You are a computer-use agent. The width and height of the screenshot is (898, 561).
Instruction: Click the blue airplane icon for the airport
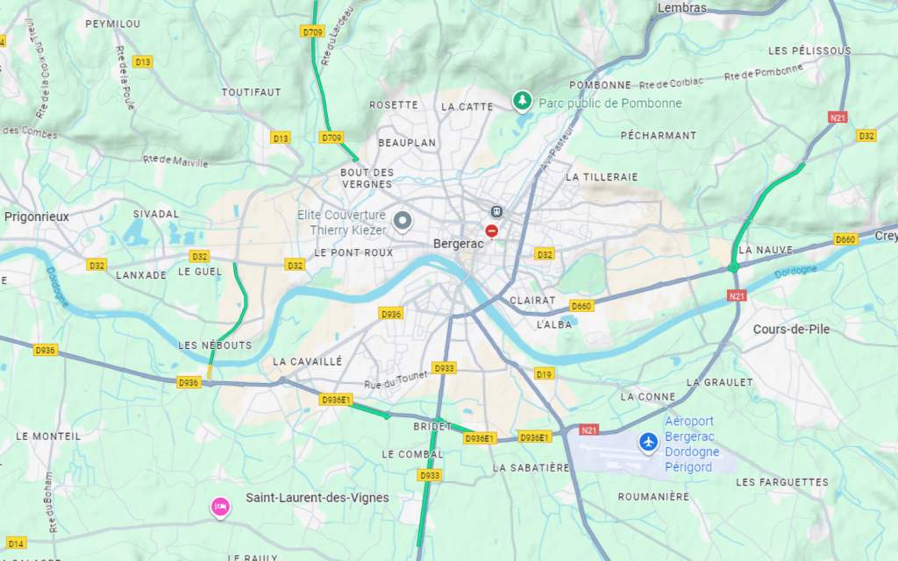[x=649, y=443]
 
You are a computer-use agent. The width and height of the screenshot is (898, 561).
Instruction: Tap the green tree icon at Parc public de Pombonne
[x=523, y=102]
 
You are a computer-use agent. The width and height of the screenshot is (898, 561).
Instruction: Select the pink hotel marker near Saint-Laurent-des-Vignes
[x=219, y=506]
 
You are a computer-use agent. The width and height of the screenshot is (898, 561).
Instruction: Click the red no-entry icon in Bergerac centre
[x=492, y=231]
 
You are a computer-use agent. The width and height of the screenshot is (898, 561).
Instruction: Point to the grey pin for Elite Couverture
[x=403, y=221]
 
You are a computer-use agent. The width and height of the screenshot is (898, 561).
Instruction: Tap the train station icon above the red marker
[x=496, y=211]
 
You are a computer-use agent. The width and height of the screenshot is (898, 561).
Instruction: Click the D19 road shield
[x=545, y=374]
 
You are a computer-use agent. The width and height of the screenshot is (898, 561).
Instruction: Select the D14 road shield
[x=16, y=543]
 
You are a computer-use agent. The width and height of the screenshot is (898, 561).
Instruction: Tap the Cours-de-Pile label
[x=792, y=329]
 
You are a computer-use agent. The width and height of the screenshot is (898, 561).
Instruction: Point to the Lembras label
[x=681, y=8]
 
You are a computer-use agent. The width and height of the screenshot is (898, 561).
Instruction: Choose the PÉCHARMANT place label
[x=658, y=136]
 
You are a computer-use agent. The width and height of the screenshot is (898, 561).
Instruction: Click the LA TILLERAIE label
[x=602, y=177]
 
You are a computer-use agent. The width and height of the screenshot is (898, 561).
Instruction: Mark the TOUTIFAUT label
[x=251, y=92]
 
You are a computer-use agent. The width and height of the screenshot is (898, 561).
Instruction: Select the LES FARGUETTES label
[x=781, y=482]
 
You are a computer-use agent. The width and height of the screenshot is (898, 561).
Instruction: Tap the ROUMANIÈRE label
[x=653, y=496]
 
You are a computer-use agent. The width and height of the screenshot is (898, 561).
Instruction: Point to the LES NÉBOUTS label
[x=214, y=345]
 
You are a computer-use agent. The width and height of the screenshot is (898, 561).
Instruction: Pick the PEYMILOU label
[x=112, y=24]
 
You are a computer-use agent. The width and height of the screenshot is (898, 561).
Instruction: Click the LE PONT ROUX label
[x=353, y=252]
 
